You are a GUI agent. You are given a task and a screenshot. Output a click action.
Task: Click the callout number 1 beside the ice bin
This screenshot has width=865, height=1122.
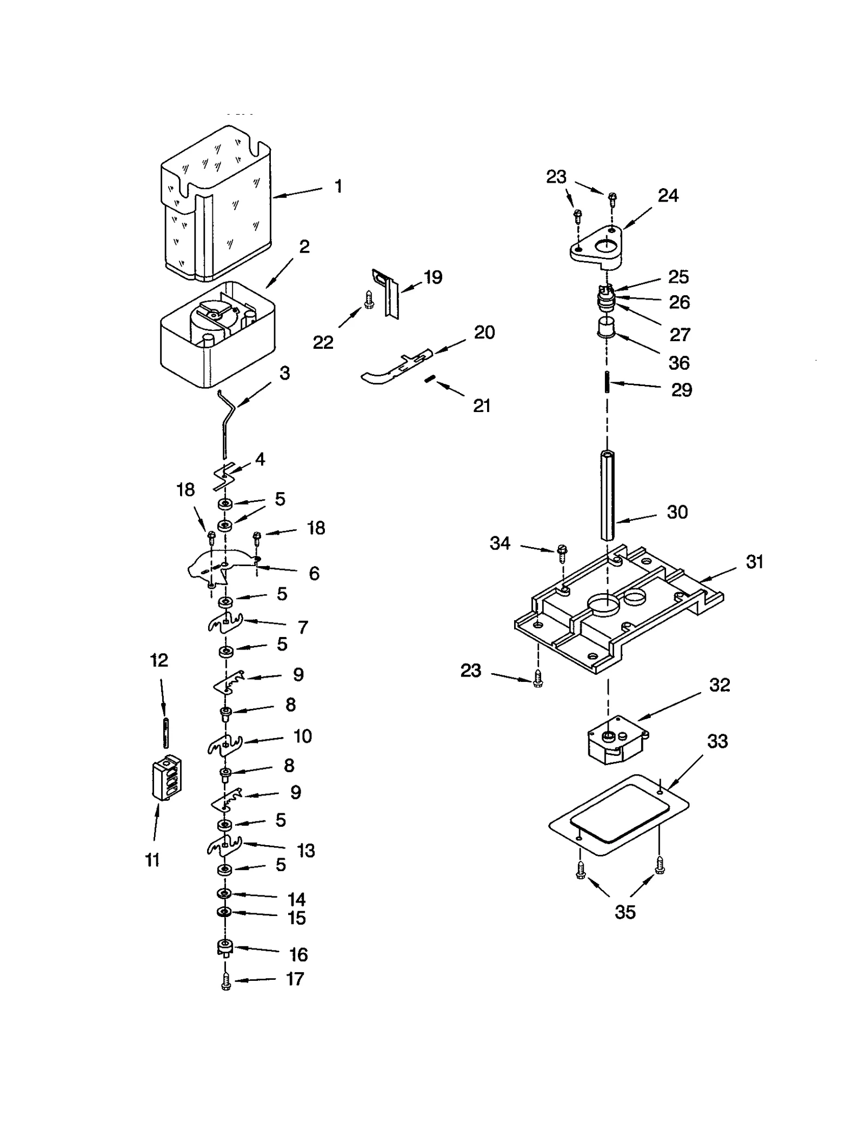tap(338, 187)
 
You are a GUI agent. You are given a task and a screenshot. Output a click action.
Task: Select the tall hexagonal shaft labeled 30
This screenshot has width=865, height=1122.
tap(608, 495)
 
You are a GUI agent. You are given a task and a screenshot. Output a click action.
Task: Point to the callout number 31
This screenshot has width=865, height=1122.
tap(754, 562)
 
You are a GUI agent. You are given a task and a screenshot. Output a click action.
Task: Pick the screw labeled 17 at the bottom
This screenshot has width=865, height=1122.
tap(226, 981)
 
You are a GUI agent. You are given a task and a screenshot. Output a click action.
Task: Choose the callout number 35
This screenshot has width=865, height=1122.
tap(625, 912)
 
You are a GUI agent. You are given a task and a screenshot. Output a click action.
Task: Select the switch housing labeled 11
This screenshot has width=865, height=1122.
tap(167, 778)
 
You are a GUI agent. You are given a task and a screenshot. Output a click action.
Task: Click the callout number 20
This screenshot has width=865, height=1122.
tap(484, 332)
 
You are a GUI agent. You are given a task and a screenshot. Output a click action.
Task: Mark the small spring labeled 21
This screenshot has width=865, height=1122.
tap(429, 380)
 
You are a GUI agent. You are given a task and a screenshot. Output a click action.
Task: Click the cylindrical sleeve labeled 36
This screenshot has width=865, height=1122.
tap(606, 328)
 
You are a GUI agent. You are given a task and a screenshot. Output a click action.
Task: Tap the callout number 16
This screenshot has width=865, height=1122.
tap(298, 954)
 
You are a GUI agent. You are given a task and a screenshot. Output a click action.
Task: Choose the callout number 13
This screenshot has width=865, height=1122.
tap(305, 851)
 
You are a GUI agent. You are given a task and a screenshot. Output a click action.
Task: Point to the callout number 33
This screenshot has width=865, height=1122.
tap(717, 741)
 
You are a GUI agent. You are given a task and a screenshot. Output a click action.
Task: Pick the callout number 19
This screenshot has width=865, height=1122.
tap(433, 277)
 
